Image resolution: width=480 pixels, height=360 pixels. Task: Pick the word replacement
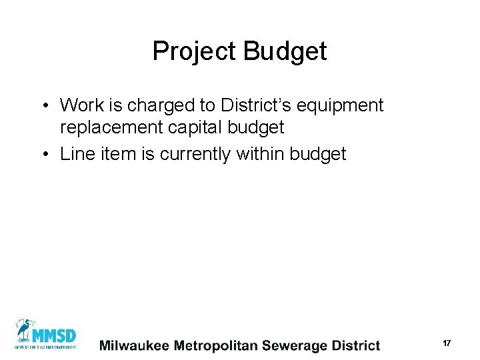coord(111,127)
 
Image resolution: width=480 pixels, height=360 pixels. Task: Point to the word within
coord(259,154)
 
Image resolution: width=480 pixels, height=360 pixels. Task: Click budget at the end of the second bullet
coord(319,155)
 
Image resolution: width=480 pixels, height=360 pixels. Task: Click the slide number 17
coord(447,343)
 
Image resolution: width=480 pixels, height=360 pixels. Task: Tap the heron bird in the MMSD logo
coord(25,331)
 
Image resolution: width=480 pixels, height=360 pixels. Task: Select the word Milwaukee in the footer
coord(134,345)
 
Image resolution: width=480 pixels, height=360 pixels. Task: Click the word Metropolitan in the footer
coord(216,345)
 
